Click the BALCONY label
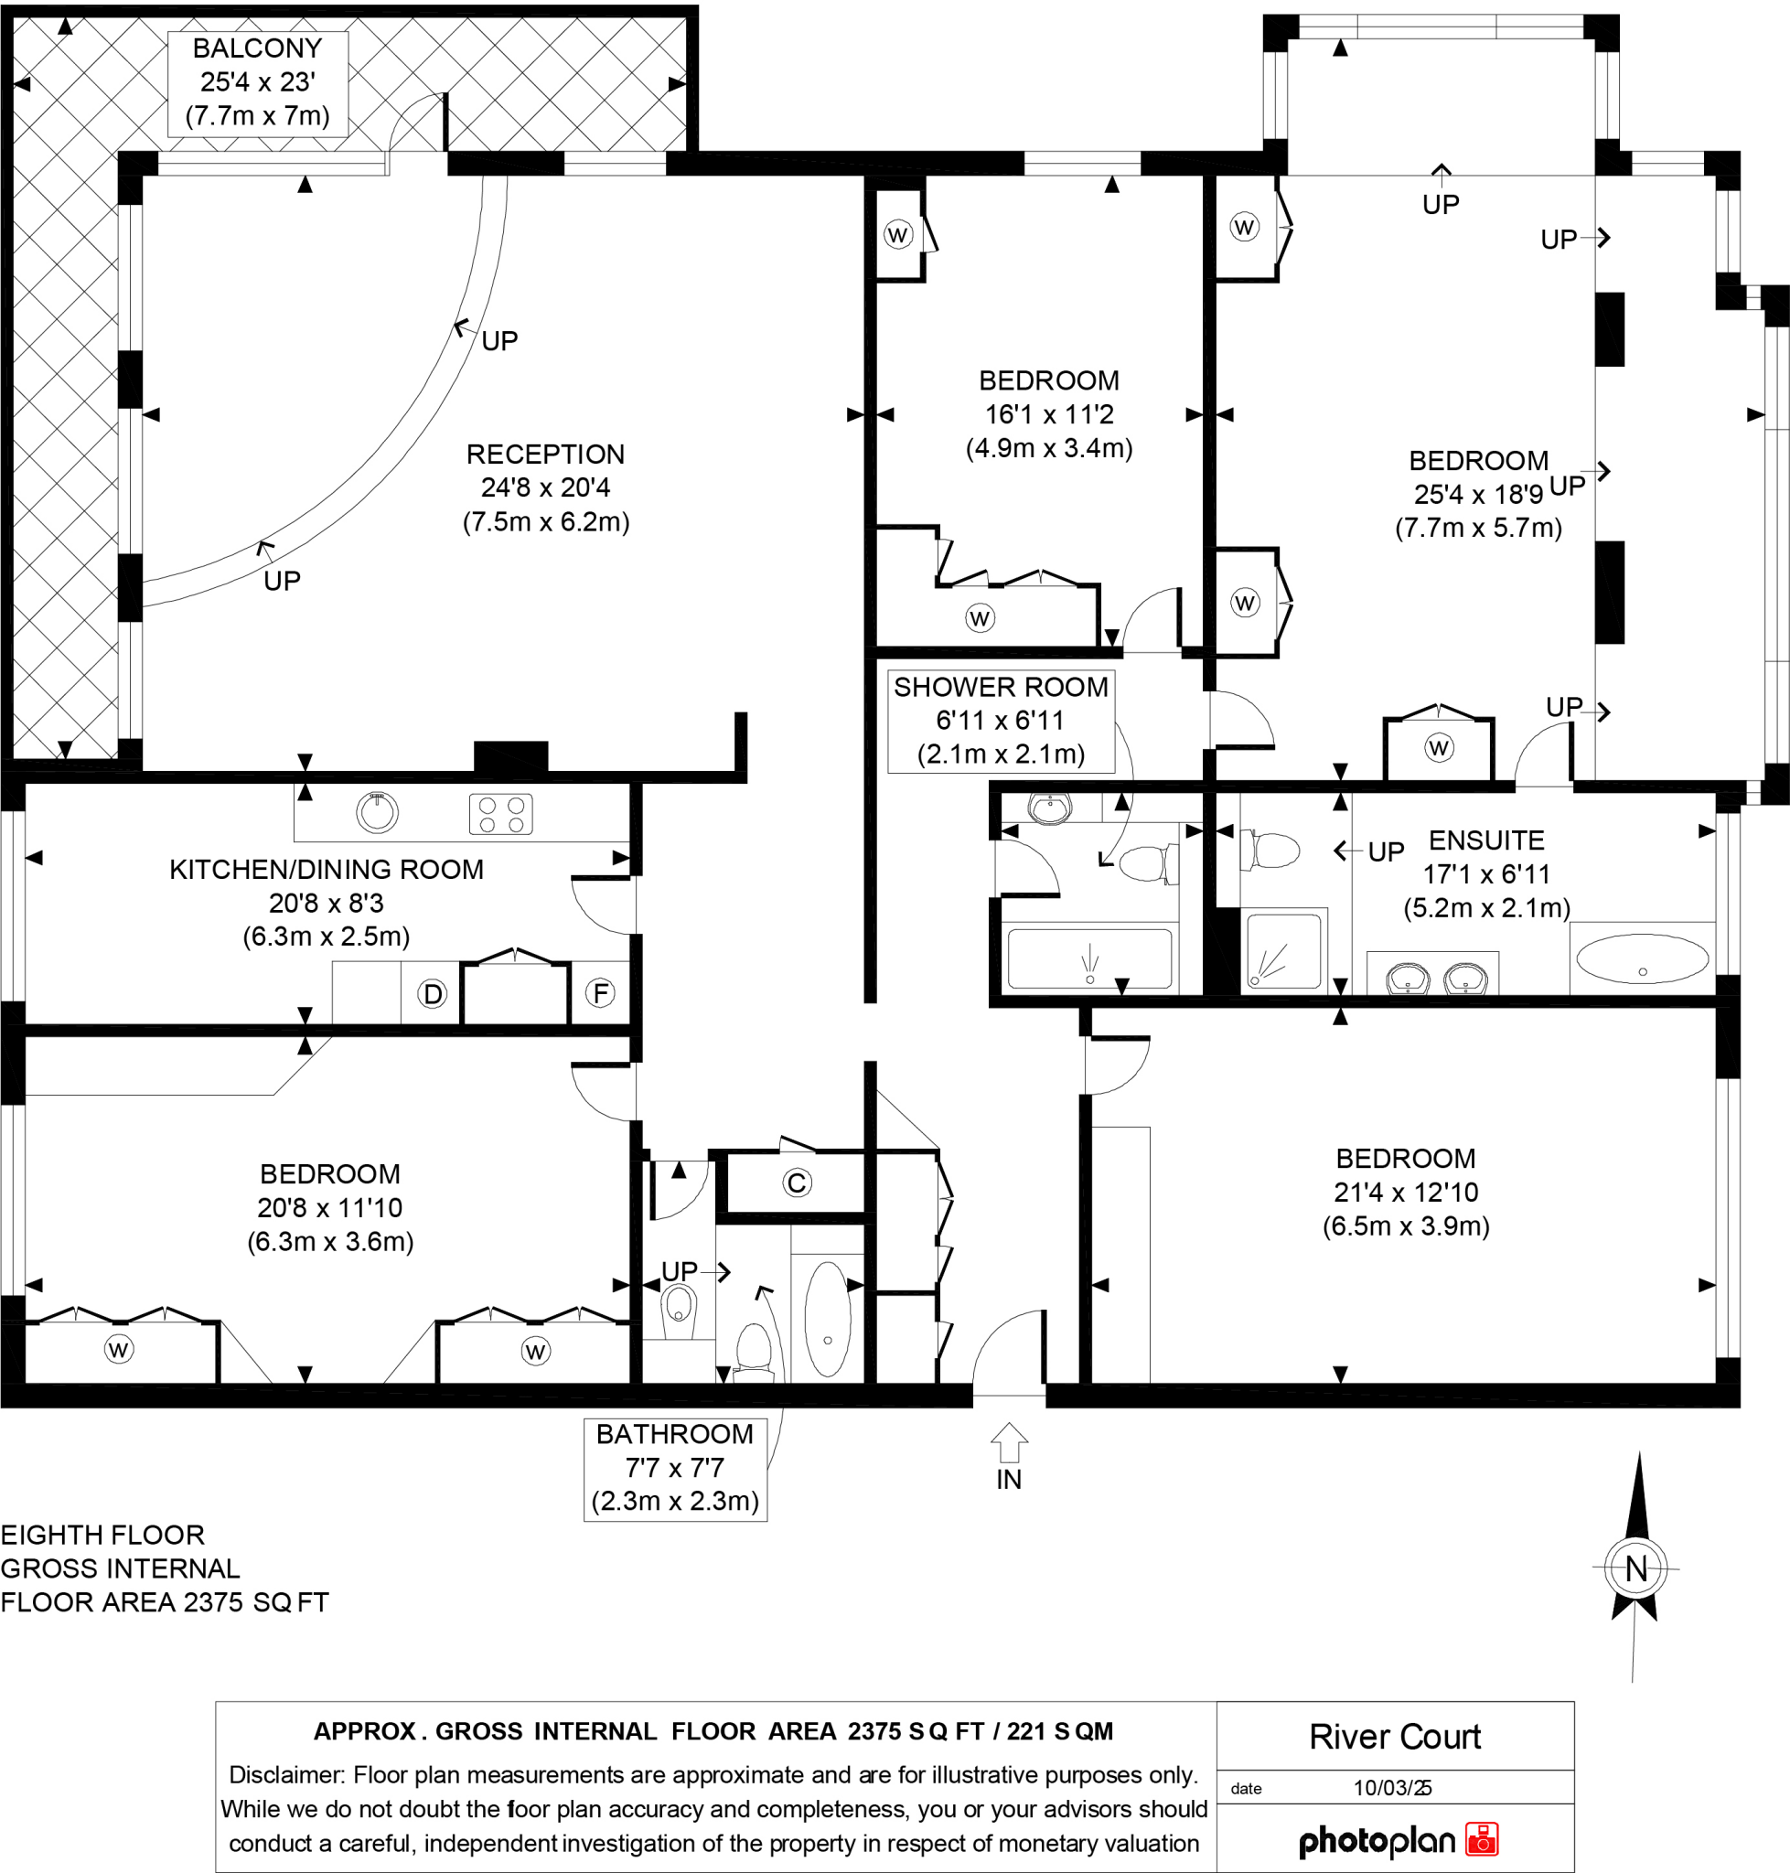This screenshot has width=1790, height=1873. point(257,48)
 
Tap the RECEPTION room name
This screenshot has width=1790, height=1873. point(545,455)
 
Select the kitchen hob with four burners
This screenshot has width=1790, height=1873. point(501,814)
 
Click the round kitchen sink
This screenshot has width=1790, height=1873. point(377,812)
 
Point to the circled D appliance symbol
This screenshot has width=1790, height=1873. point(433,994)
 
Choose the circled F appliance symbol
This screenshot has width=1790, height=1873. point(599,993)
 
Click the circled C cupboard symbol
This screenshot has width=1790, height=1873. point(797,1183)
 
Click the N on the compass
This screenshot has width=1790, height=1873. point(1635,1568)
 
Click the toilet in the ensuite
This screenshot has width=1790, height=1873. point(1271,850)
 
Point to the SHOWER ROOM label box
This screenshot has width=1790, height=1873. point(1000,721)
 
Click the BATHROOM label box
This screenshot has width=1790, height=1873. point(675,1468)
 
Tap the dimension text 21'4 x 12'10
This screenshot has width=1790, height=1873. point(1406,1192)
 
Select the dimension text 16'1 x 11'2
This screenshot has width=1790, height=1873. point(1048,414)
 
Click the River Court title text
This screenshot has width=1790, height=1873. point(1394,1737)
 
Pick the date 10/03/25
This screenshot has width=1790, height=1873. point(1392,1788)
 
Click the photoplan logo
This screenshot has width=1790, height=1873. point(1398,1841)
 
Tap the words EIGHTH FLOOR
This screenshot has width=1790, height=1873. point(102,1535)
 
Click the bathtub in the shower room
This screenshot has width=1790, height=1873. point(1089,958)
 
